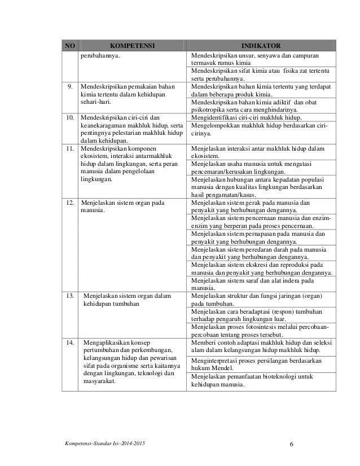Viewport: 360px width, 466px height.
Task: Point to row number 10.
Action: point(69,117)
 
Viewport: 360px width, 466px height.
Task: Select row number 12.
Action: point(69,201)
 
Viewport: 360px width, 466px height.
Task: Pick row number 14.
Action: point(69,342)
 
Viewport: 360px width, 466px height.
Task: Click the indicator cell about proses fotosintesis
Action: point(261,330)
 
